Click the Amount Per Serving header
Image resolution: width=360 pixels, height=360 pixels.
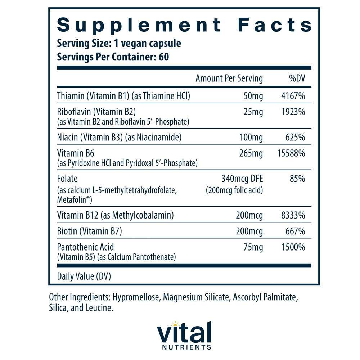point(229,78)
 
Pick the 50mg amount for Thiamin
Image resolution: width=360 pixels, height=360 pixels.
point(253,96)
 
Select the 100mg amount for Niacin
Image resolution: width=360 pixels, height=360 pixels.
point(251,137)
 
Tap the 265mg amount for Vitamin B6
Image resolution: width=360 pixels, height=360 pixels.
point(251,153)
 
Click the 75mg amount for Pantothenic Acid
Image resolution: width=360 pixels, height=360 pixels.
point(253,247)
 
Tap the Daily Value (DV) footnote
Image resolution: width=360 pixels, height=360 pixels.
point(84,276)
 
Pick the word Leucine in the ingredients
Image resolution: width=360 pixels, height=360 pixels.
point(102,309)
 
